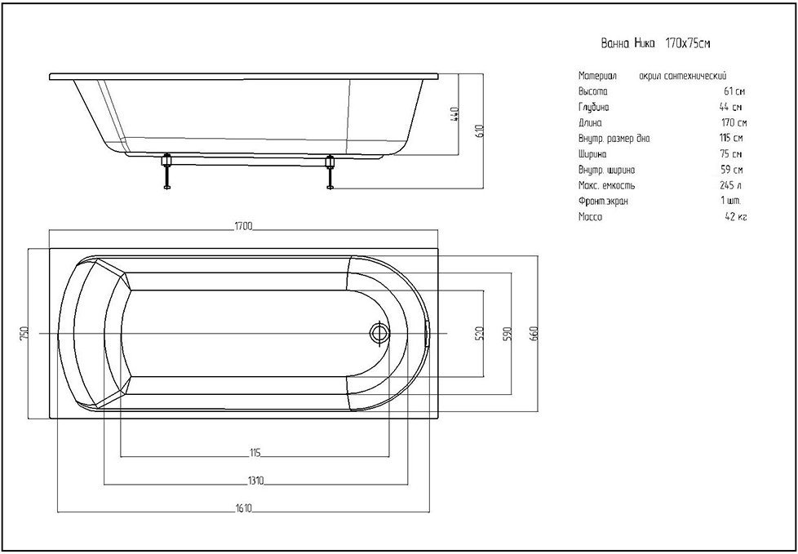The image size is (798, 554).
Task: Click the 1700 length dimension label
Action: coord(244,226)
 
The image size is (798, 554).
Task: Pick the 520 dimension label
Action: coord(481,333)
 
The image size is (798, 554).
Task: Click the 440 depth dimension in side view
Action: coord(456,113)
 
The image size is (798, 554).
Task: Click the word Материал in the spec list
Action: coord(596,75)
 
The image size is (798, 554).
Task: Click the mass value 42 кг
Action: coord(735,216)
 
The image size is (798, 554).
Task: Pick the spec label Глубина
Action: coord(593,107)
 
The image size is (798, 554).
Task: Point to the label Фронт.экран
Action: coord(603,201)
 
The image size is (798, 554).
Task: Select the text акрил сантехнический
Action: coord(683,75)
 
